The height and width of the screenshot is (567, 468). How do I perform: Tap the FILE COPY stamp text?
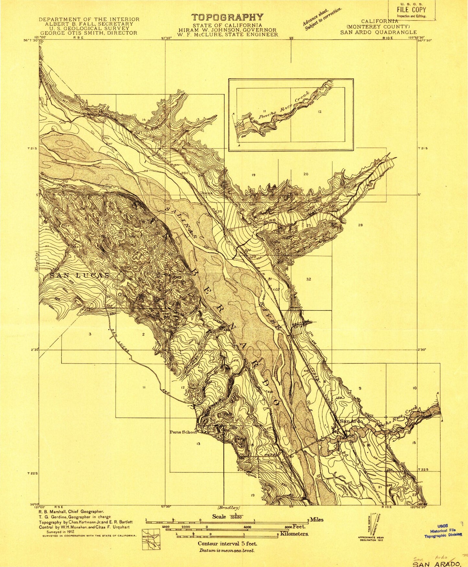(411, 10)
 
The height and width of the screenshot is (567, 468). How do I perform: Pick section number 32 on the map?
(308, 279)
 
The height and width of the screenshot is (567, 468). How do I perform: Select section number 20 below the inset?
(306, 174)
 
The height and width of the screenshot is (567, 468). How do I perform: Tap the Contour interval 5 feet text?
(227, 544)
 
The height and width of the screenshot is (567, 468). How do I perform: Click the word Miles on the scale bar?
(316, 519)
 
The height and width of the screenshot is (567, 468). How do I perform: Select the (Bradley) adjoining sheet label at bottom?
(229, 508)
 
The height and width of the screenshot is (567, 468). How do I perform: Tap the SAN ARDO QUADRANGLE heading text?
(378, 32)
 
